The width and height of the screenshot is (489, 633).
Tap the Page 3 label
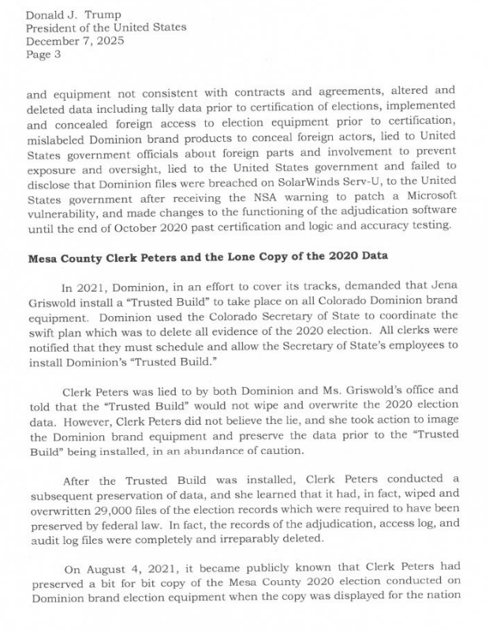(44, 54)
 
